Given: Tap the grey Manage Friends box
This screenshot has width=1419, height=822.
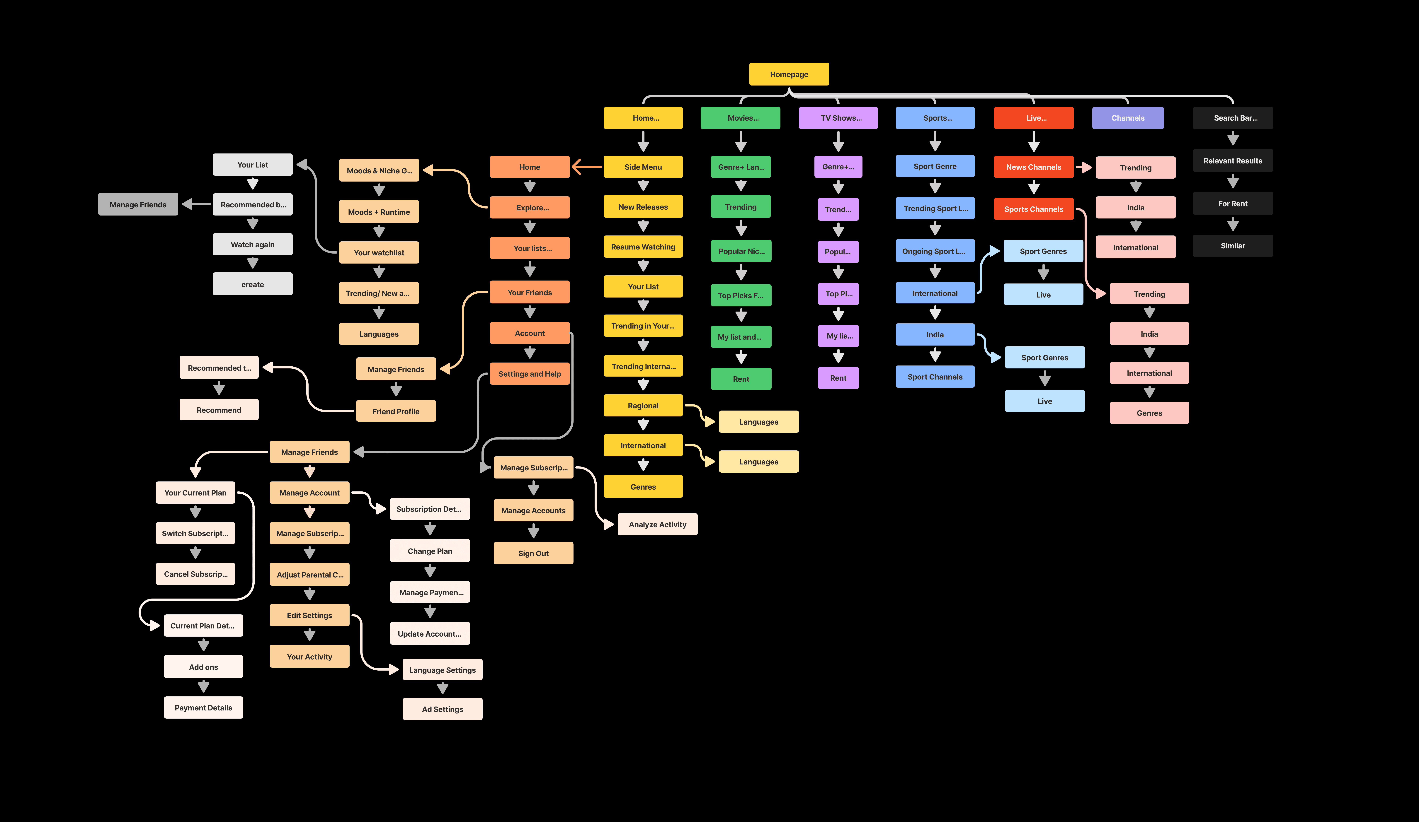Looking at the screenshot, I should click(x=138, y=204).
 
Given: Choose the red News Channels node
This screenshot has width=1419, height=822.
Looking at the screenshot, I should click(x=1033, y=167).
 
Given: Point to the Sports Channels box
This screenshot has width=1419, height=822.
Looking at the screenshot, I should click(x=1033, y=209).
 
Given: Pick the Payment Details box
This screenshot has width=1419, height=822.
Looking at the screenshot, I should click(x=203, y=708).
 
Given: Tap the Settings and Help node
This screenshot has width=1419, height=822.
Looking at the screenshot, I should click(x=529, y=374).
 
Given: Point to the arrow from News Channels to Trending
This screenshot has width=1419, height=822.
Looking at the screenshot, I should click(x=1084, y=167).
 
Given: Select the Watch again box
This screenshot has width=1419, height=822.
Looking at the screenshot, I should click(x=252, y=244).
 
